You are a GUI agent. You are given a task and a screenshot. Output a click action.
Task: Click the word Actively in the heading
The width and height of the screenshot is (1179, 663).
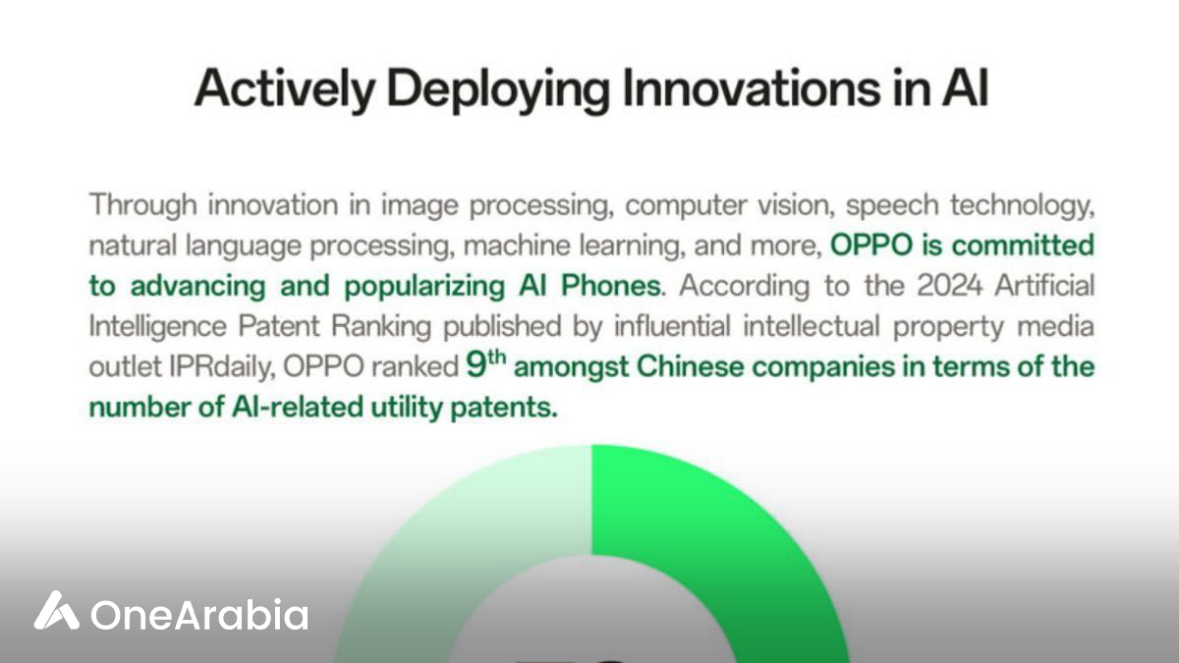click(x=285, y=88)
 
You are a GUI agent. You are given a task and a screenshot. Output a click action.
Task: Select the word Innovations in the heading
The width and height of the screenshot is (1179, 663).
click(x=751, y=87)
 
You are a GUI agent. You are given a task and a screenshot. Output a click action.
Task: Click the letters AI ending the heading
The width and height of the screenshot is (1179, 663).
click(x=965, y=87)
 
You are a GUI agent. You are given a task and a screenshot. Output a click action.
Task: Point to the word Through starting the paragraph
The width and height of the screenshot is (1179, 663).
click(x=143, y=205)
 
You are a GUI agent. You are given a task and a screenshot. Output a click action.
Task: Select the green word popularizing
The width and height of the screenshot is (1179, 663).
click(x=424, y=287)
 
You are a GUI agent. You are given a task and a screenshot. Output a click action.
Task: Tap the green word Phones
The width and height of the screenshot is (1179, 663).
click(x=610, y=286)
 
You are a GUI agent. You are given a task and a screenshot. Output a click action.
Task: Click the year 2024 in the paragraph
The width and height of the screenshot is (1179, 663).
click(x=949, y=286)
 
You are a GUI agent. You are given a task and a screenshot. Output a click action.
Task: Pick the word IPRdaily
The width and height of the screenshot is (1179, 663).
click(x=222, y=366)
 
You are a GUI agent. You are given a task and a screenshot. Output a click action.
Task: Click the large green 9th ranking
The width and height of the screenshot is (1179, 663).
click(x=485, y=364)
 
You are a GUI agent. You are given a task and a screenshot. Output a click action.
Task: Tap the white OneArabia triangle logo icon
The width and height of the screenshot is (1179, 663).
click(x=56, y=610)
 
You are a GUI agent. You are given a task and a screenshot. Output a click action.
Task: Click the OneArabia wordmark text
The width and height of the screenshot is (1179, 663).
click(x=198, y=614)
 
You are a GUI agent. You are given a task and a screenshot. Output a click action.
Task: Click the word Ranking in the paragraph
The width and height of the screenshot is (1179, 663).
click(x=381, y=326)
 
